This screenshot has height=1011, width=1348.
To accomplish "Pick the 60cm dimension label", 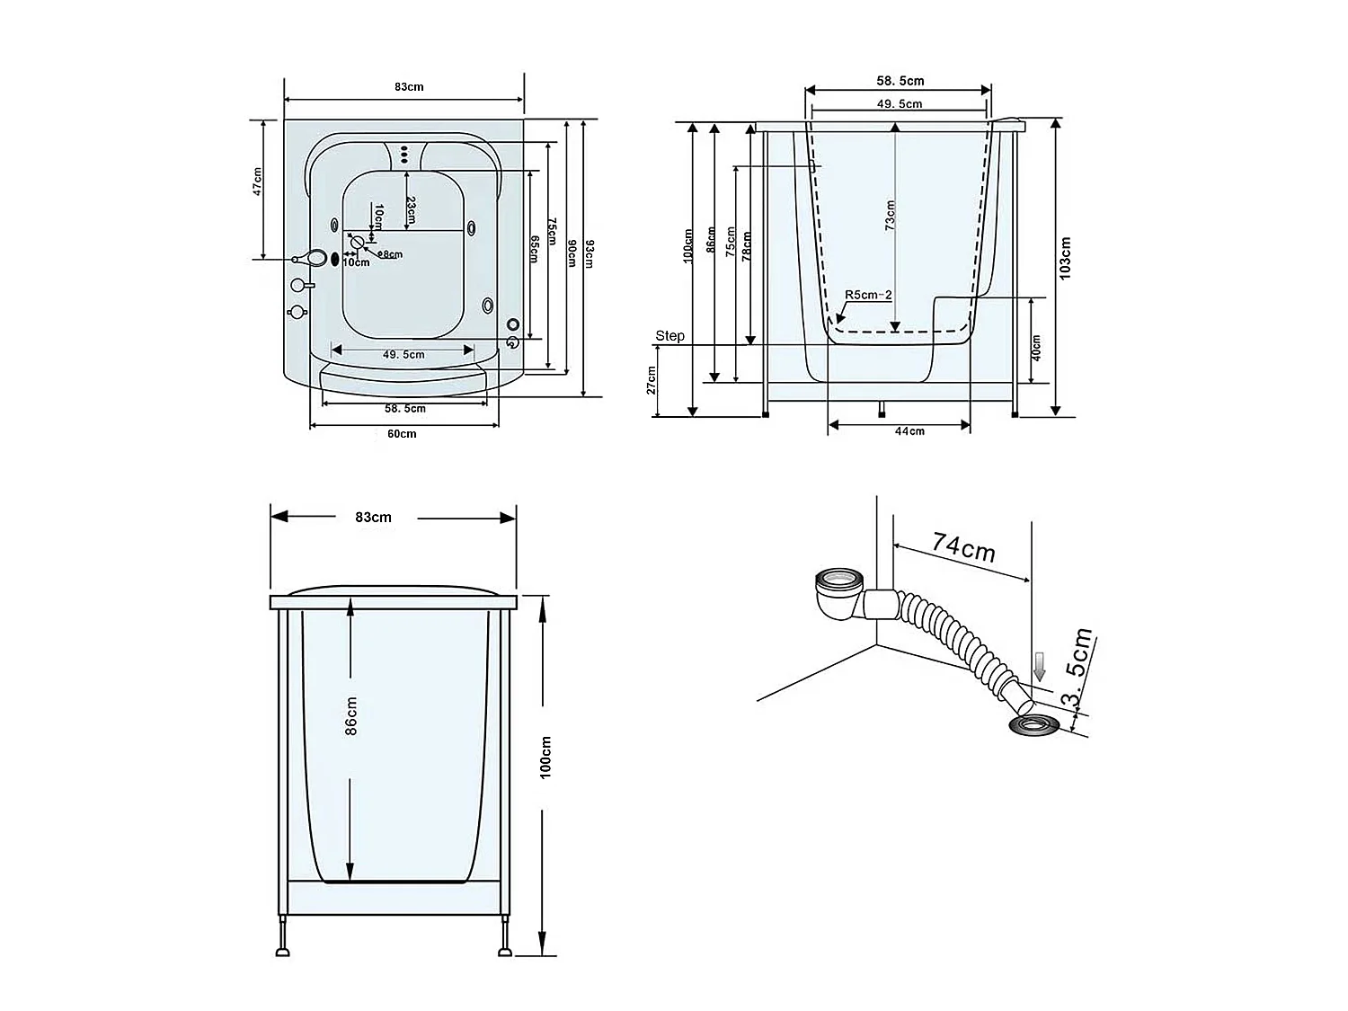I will pos(402,434).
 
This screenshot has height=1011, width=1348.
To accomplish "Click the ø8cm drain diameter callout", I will pos(390,254).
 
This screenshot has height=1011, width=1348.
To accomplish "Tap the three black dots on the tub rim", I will pos(404,155).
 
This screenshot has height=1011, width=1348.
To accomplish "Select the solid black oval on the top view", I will pos(336,260).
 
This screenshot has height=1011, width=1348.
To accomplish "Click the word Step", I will pos(670,336).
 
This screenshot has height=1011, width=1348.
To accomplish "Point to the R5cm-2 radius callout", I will pos(867,295).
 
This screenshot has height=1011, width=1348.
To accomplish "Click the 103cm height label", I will pos(1066,259).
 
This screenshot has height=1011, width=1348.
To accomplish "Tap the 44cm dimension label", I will pos(909,431).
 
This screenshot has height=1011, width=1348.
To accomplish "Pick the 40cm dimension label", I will pos(1035,348).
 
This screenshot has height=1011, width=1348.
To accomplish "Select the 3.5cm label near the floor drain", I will pos(1077,670).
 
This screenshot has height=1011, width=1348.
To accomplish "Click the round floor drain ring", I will pos(1033,724).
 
